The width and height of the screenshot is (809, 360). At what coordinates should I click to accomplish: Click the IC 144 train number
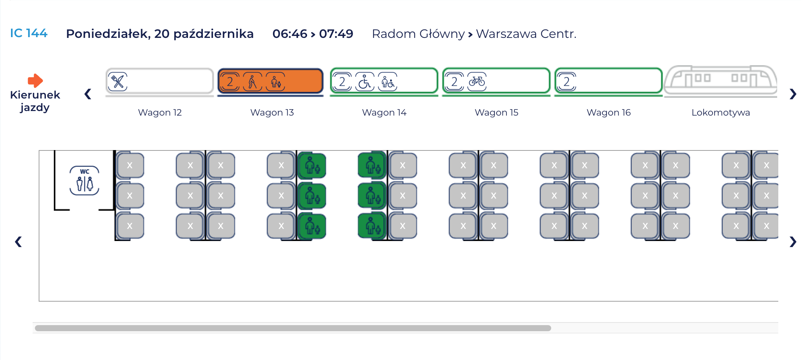[28, 33]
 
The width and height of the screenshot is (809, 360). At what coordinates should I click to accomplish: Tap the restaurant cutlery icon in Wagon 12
[118, 81]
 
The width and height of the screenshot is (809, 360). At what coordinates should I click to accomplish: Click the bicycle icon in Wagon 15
[477, 81]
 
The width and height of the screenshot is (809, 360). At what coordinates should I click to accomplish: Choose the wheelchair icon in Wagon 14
[365, 81]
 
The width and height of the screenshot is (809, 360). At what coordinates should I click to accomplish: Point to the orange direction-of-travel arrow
[35, 80]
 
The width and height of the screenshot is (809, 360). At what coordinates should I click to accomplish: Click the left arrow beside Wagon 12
[88, 94]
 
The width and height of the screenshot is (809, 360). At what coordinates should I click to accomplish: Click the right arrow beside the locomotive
[793, 94]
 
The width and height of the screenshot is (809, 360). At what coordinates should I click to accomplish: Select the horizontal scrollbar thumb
[293, 328]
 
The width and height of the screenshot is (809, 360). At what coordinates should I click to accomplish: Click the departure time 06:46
[290, 34]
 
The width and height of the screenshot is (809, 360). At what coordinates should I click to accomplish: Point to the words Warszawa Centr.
[526, 34]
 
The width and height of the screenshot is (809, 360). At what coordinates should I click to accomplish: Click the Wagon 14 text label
[384, 113]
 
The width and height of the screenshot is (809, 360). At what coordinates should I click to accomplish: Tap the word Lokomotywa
[720, 113]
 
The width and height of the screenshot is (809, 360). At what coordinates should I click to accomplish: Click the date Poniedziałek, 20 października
[160, 34]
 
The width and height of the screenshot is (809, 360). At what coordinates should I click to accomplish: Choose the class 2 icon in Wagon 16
[567, 81]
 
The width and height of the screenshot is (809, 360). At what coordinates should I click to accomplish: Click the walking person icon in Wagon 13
[252, 81]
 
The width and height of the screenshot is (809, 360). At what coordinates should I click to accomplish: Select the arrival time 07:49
[336, 34]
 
